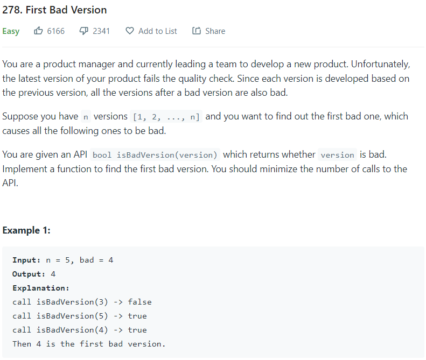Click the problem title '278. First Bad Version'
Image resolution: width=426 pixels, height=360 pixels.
click(54, 10)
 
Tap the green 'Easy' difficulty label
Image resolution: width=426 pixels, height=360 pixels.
click(11, 31)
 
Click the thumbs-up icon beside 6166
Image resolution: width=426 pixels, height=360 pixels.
click(38, 31)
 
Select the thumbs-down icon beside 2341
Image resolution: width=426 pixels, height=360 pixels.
click(84, 31)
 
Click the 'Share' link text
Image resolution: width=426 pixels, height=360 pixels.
click(215, 31)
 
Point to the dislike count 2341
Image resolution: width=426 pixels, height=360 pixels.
click(101, 31)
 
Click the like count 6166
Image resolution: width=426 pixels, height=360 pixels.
click(56, 31)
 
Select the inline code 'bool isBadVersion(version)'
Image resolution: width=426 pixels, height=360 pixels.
click(155, 155)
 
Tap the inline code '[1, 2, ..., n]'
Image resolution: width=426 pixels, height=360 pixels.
click(166, 117)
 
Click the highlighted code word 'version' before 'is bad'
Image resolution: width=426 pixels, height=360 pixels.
click(337, 155)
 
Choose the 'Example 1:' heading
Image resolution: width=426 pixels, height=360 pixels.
click(26, 230)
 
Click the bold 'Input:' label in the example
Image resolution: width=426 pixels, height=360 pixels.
click(26, 260)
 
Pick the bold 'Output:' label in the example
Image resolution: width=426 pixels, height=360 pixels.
click(29, 274)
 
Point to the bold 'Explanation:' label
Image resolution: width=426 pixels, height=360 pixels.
click(41, 288)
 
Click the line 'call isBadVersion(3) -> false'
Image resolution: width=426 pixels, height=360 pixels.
click(82, 302)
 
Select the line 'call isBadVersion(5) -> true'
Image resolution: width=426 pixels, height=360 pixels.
click(80, 316)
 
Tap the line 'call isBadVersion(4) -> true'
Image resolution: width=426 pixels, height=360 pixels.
click(80, 330)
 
